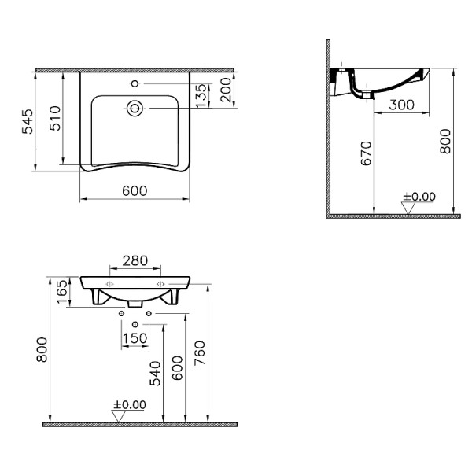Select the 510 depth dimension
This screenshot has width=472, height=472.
coord(55,119)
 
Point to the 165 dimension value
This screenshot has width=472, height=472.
coord(62,293)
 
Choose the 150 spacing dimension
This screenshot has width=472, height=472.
coord(135,339)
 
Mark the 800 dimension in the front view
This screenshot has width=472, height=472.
coord(43,353)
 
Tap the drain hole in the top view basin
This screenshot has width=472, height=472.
coord(135,108)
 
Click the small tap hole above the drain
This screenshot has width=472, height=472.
coord(135,82)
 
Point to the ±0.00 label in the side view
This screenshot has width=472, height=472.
coord(419,196)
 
